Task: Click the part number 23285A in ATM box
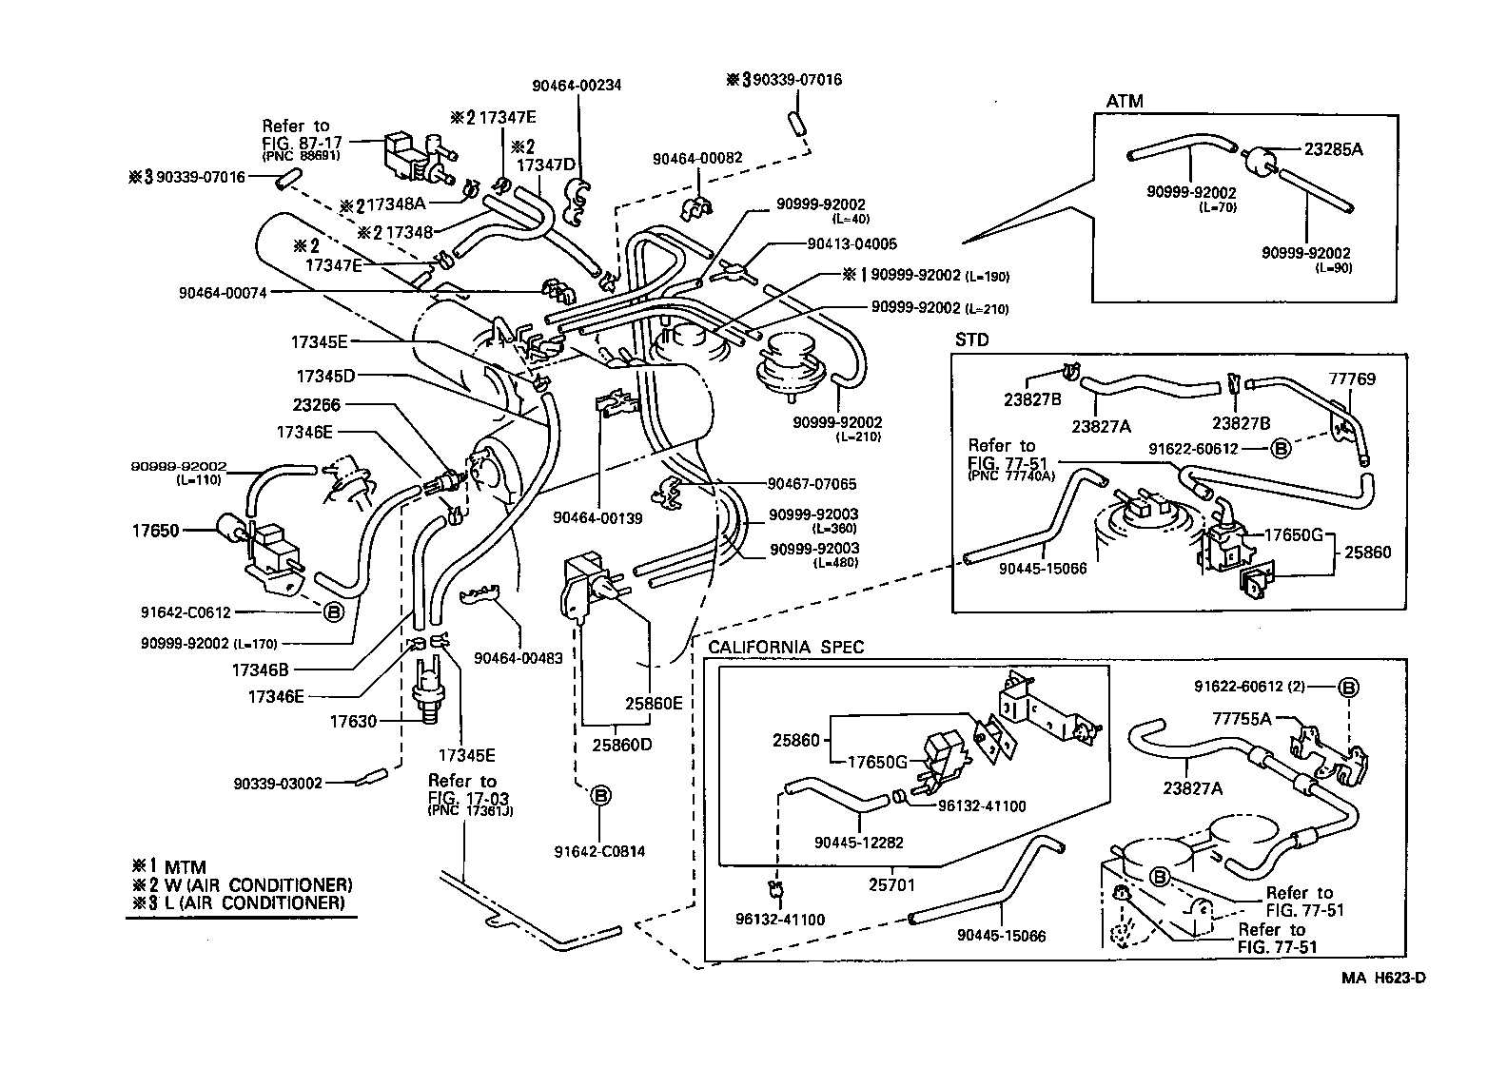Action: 1333,148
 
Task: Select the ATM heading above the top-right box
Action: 1125,101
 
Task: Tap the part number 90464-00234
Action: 577,85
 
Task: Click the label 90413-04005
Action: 851,243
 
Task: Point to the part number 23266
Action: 316,404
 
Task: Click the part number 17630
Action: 354,722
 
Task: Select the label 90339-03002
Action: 278,783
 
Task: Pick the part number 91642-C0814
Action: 602,851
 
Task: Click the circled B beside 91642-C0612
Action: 333,611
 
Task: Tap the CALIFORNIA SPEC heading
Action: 786,648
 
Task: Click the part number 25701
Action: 891,883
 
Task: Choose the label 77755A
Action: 1242,718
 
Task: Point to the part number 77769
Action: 1352,378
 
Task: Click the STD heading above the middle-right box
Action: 971,339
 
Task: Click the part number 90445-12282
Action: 859,842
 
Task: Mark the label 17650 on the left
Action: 155,530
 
